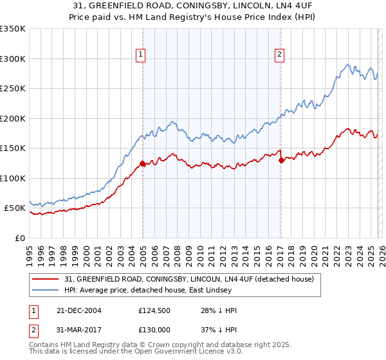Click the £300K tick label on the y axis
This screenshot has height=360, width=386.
click(13, 59)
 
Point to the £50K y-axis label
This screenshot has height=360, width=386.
click(15, 208)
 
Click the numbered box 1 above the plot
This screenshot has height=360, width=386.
click(140, 55)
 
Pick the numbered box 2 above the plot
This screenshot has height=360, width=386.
click(280, 55)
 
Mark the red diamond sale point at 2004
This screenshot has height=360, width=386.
click(142, 163)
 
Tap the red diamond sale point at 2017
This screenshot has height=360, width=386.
click(281, 161)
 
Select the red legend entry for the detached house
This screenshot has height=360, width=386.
click(188, 279)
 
